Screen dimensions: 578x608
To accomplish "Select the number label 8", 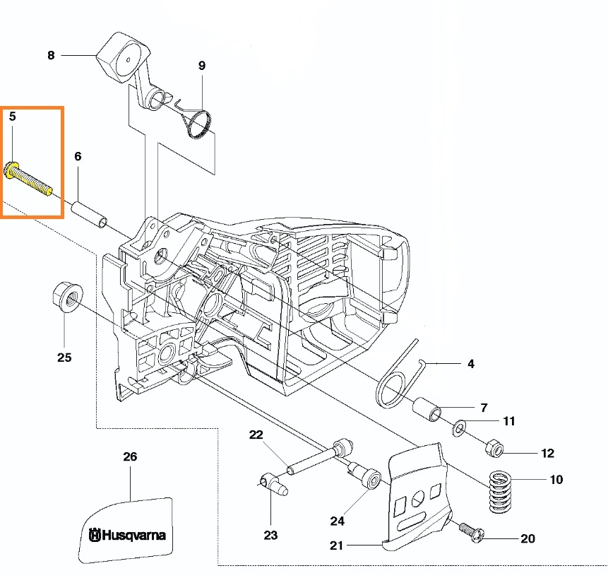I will click(x=51, y=54).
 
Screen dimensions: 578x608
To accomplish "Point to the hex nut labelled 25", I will click(x=66, y=295).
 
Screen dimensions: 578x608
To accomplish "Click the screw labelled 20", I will click(x=470, y=531).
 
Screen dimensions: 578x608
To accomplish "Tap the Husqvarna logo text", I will click(x=128, y=534).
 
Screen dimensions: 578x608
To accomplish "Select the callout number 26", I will click(x=130, y=456).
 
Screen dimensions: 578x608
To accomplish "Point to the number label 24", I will click(x=338, y=521).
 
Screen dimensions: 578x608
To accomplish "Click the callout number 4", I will click(x=471, y=365).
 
